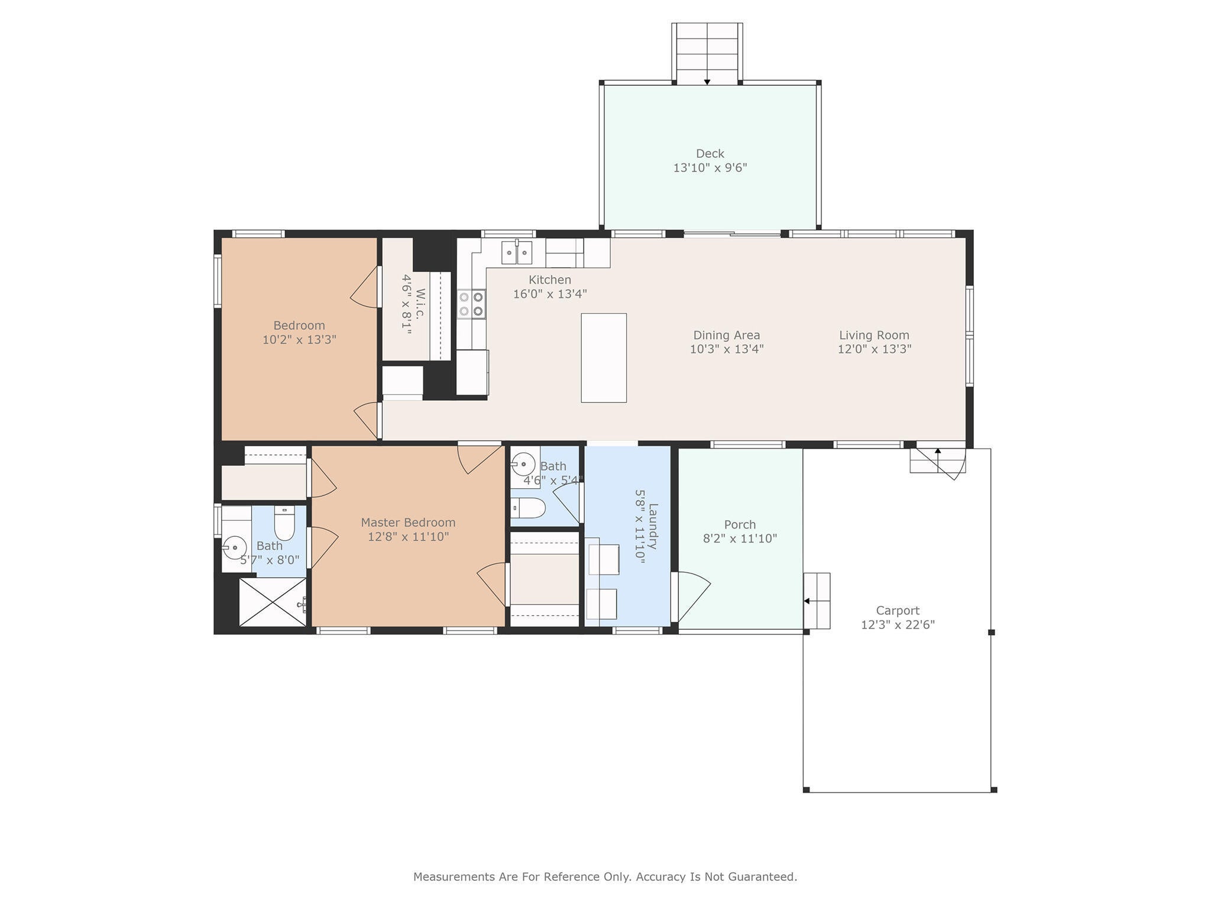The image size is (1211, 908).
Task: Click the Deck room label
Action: [710, 154]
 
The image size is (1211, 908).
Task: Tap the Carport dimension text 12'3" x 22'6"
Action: [898, 625]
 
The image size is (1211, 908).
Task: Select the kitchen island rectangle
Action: [604, 358]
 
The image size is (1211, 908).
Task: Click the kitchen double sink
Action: [517, 252]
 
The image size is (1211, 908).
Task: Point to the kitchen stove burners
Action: [471, 304]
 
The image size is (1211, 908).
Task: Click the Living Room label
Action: [874, 335]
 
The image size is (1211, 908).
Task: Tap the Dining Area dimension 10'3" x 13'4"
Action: [727, 349]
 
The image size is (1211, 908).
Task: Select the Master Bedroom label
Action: [408, 523]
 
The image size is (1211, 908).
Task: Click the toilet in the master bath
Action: [284, 523]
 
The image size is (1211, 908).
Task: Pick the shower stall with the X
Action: [273, 602]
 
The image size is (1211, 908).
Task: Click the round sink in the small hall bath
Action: [523, 464]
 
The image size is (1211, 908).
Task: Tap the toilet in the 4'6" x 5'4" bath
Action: [528, 508]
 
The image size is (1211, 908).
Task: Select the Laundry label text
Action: [653, 526]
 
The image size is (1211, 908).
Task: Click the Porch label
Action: [740, 524]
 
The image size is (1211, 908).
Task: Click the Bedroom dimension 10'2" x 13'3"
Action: [299, 340]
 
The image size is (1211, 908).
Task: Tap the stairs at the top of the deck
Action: [707, 53]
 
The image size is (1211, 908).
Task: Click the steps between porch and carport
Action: [817, 601]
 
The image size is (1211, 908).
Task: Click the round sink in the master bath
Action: [235, 548]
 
